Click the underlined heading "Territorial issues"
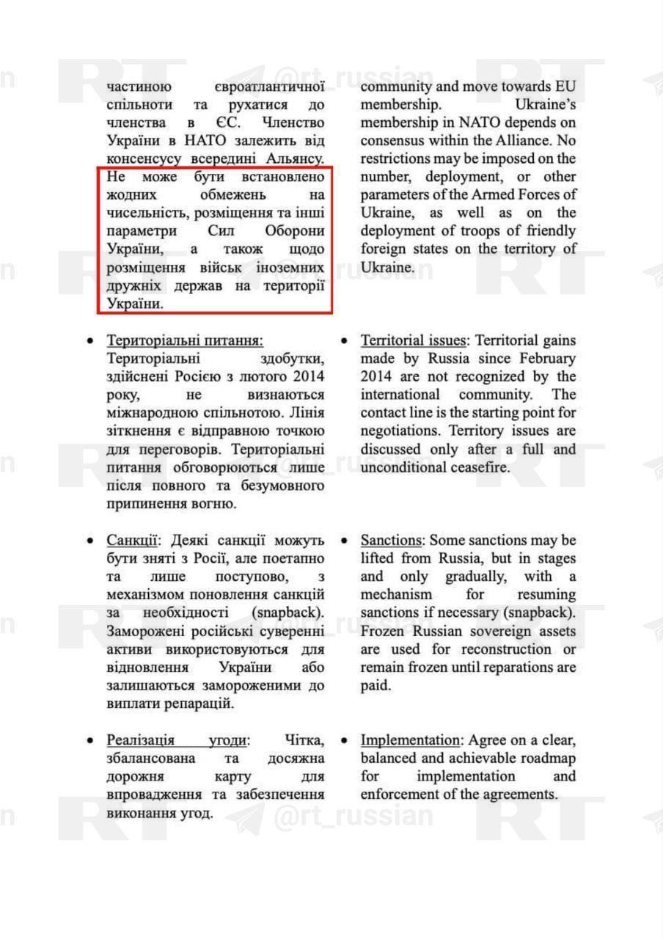tap(413, 341)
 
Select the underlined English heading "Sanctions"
tap(391, 541)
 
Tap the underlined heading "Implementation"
tap(409, 740)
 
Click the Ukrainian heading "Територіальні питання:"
tap(184, 341)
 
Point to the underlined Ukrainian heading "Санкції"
tap(132, 541)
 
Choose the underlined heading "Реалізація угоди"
tap(178, 740)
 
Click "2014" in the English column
tap(378, 377)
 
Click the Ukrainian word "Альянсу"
tap(298, 158)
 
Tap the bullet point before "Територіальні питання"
tap(89, 342)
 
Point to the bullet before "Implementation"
tap(344, 741)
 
